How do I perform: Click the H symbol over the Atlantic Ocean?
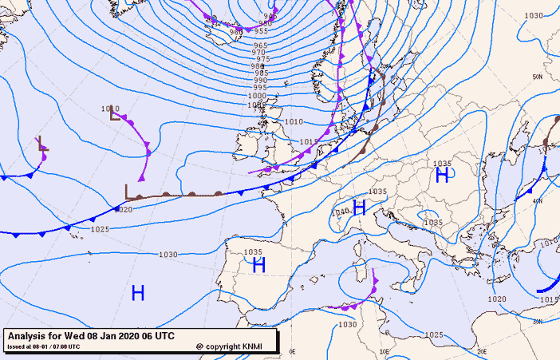pos(138,293)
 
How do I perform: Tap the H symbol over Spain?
pos(258,266)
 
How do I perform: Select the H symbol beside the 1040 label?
pos(359,208)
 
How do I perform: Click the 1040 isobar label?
pos(341,212)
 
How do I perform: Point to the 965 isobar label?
pos(261,45)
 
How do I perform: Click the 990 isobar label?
pos(261,80)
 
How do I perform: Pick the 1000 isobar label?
pos(257,96)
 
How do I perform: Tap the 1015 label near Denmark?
pos(310,142)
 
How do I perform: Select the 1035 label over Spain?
pos(254,252)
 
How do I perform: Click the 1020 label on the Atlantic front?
pos(123,210)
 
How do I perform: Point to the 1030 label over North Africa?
pos(347,325)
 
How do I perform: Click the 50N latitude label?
pos(538,77)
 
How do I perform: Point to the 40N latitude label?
pos(539,201)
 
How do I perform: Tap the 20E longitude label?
pos(482,351)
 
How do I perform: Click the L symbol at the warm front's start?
pos(128,192)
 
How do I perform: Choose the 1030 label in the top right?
pos(534,16)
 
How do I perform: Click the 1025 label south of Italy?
pos(434,334)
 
